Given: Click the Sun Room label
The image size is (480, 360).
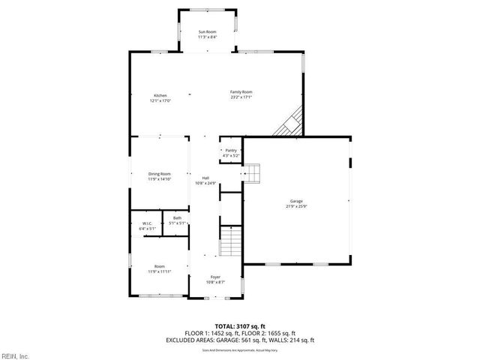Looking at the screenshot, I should [207, 31].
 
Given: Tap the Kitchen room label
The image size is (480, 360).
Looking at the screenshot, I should [160, 95].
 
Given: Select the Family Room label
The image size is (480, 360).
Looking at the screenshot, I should [241, 91].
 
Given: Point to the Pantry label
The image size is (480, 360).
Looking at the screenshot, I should [231, 150].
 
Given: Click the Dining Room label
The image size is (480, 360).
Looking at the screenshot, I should [160, 174].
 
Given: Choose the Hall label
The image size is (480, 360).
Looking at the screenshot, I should [205, 178].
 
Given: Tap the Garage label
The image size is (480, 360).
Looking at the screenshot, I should [297, 200].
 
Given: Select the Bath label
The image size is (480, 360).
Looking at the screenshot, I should [177, 218].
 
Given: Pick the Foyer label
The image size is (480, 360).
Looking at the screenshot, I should [215, 277].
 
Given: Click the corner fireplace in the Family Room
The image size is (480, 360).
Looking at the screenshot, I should [290, 122].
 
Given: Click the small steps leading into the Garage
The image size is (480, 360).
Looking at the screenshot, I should [253, 174].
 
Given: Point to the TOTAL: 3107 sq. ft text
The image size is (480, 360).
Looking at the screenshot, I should [239, 326].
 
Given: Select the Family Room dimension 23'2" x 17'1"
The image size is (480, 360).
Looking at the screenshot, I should [241, 97].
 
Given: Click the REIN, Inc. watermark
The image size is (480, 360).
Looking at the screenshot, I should [15, 355].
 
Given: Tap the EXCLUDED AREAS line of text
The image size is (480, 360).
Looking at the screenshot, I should [239, 340].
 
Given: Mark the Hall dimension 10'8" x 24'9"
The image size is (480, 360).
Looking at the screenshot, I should [205, 183].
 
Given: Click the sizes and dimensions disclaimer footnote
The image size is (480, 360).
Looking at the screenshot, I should [239, 349].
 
